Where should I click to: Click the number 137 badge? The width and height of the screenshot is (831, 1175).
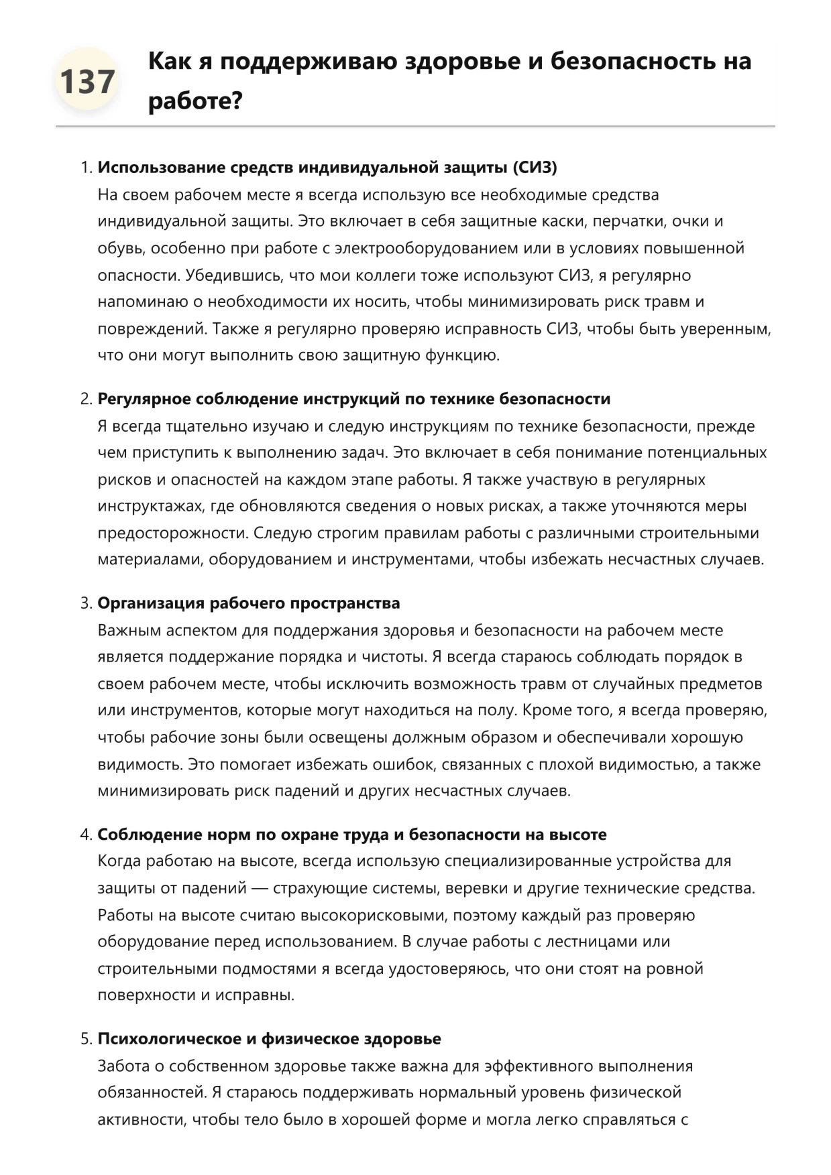pos(87,81)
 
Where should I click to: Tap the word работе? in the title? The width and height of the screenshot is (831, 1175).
pos(195,101)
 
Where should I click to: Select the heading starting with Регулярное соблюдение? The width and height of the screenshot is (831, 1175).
pos(353,399)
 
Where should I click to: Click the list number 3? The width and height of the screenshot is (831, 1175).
pos(85,603)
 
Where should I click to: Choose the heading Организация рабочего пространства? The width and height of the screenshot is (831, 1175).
pos(248,603)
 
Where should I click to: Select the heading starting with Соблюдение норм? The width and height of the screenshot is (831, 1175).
pos(351,834)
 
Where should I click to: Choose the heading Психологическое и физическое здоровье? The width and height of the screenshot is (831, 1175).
pos(269,1039)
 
